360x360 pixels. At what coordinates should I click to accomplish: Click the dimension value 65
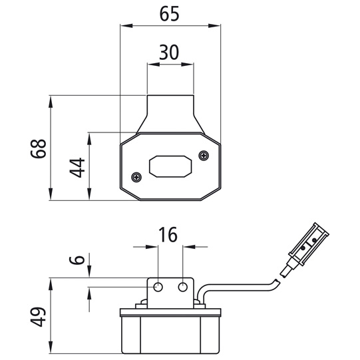pyautogui.click(x=170, y=14)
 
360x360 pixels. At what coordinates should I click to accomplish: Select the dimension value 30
pyautogui.click(x=170, y=53)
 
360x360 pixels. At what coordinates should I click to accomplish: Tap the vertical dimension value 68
pyautogui.click(x=39, y=148)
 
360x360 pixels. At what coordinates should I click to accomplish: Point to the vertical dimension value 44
pyautogui.click(x=77, y=167)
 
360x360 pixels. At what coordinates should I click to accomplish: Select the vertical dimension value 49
pyautogui.click(x=39, y=316)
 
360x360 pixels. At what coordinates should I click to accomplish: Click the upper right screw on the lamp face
pyautogui.click(x=202, y=155)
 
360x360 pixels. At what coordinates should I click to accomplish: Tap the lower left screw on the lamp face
pyautogui.click(x=137, y=177)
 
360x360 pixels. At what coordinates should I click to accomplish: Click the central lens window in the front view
pyautogui.click(x=170, y=166)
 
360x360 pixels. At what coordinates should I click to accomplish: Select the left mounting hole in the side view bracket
pyautogui.click(x=158, y=286)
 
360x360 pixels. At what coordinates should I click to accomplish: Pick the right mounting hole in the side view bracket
pyautogui.click(x=184, y=286)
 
